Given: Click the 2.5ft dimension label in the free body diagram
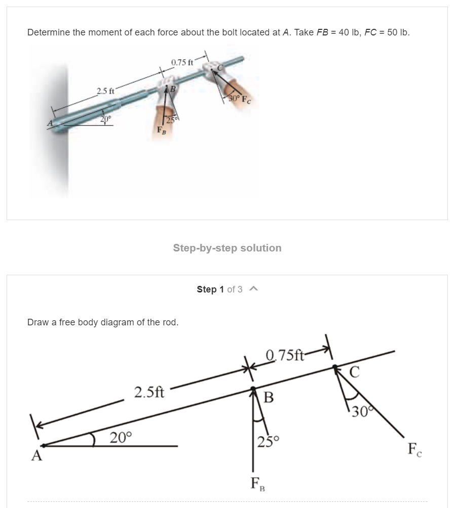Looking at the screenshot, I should point(149,392).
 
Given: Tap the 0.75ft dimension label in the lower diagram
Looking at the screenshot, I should point(285,355).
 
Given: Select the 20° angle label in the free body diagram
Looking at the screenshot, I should point(121,437).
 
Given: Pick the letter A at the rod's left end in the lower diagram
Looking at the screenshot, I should point(36,456).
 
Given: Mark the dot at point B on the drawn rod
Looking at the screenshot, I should point(253,389).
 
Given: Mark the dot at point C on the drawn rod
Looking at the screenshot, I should point(333,367).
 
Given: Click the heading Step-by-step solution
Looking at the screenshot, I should point(227,248).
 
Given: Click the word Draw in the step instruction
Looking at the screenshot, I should point(36,322).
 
